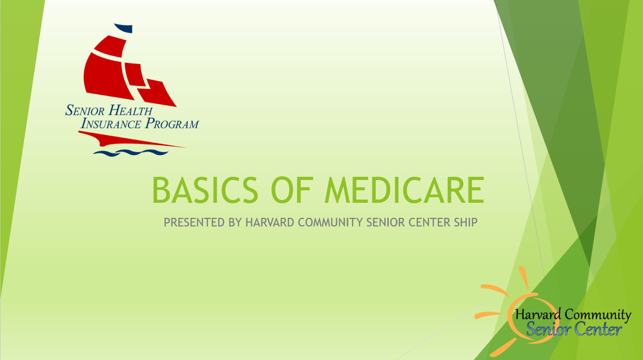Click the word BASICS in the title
[205, 190]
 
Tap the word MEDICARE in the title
[405, 190]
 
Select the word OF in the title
[291, 190]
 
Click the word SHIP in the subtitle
[465, 222]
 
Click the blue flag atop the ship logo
[124, 28]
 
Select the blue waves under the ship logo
[131, 153]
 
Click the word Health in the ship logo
[130, 110]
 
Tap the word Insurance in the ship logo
[111, 123]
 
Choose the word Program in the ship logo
[172, 123]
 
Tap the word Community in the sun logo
[598, 314]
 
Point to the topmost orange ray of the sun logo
[524, 278]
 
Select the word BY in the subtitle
[235, 222]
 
